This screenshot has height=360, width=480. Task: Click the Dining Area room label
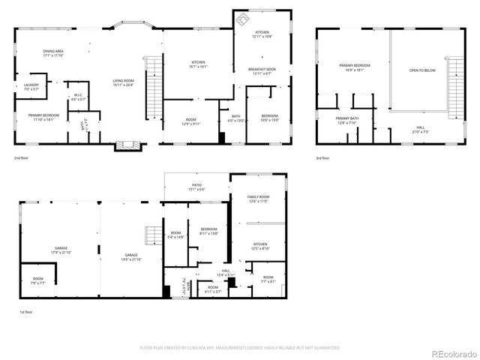[x=52, y=52]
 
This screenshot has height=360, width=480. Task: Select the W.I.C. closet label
[x=77, y=97]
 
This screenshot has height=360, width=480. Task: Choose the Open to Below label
[x=420, y=71]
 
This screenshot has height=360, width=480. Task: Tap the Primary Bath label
[x=346, y=121]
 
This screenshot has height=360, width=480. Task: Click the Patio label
[x=197, y=187]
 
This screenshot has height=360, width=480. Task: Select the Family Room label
[x=258, y=199]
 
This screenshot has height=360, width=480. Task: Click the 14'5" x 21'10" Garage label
[x=131, y=257]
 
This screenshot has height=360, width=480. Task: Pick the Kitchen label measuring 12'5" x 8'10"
[x=259, y=246]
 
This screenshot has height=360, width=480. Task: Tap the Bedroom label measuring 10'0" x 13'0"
[x=269, y=118]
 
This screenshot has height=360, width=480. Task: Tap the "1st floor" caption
[x=26, y=312]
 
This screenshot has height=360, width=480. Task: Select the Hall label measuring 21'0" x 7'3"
[x=419, y=129]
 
